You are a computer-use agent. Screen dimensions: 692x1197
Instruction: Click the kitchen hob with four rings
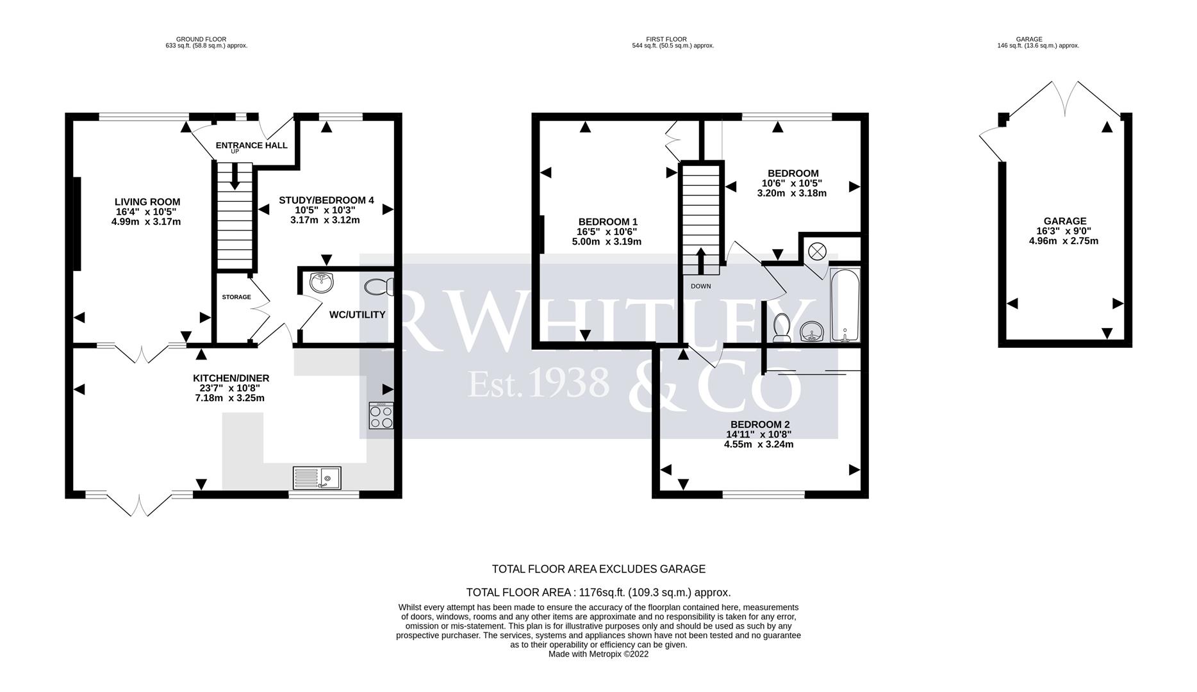[x=381, y=416]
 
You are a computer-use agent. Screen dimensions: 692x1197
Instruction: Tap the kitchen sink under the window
[x=317, y=478]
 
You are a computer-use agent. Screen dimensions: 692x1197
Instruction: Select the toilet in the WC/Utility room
[x=379, y=287]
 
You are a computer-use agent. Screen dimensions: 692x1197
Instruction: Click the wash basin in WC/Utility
[x=321, y=282]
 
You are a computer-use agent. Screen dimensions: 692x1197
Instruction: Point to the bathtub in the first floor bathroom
[x=845, y=305]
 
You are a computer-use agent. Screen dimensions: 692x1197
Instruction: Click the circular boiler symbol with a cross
[x=817, y=251]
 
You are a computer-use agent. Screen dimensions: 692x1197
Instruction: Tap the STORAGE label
[x=236, y=297]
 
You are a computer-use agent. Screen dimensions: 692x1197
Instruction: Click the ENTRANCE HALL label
[x=251, y=145]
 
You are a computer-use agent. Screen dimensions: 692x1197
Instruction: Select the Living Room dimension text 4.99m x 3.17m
[x=146, y=222]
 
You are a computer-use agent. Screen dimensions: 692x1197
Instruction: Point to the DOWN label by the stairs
[x=700, y=286]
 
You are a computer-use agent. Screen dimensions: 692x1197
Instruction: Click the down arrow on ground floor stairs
[x=235, y=177]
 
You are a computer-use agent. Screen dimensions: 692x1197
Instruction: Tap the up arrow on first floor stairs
[x=700, y=260]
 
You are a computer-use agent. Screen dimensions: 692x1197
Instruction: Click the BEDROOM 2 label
[x=759, y=424]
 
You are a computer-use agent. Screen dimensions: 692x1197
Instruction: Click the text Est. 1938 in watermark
[x=538, y=383]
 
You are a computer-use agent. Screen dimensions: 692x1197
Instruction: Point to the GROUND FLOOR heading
[x=201, y=39]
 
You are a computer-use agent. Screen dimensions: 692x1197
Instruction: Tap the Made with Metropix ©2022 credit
[x=598, y=654]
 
